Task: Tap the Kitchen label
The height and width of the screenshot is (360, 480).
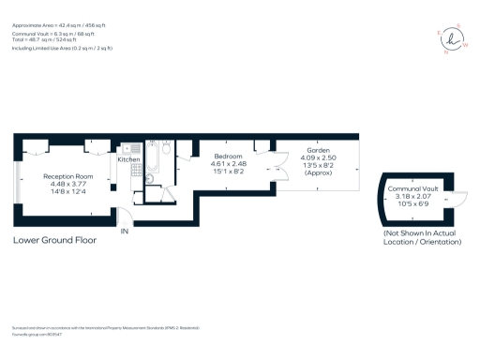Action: tap(128, 160)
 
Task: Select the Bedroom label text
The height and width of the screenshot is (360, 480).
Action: tap(228, 156)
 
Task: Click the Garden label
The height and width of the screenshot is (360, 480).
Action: tap(317, 150)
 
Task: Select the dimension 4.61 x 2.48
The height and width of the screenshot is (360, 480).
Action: tap(228, 164)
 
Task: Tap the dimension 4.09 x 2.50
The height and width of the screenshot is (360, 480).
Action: tap(317, 157)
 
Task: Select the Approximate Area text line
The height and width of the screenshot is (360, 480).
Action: tap(59, 14)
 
